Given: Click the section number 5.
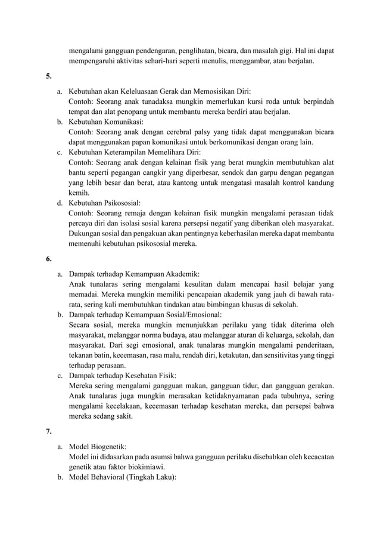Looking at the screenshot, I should pos(48,76).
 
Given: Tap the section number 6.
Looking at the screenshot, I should pos(48,259).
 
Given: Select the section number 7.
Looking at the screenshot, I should pos(48,429).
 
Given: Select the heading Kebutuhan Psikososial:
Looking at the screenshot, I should pos(105,203).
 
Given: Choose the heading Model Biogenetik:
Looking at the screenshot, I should pos(98,446).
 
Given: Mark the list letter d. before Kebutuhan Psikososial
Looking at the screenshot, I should pos(60,203).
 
